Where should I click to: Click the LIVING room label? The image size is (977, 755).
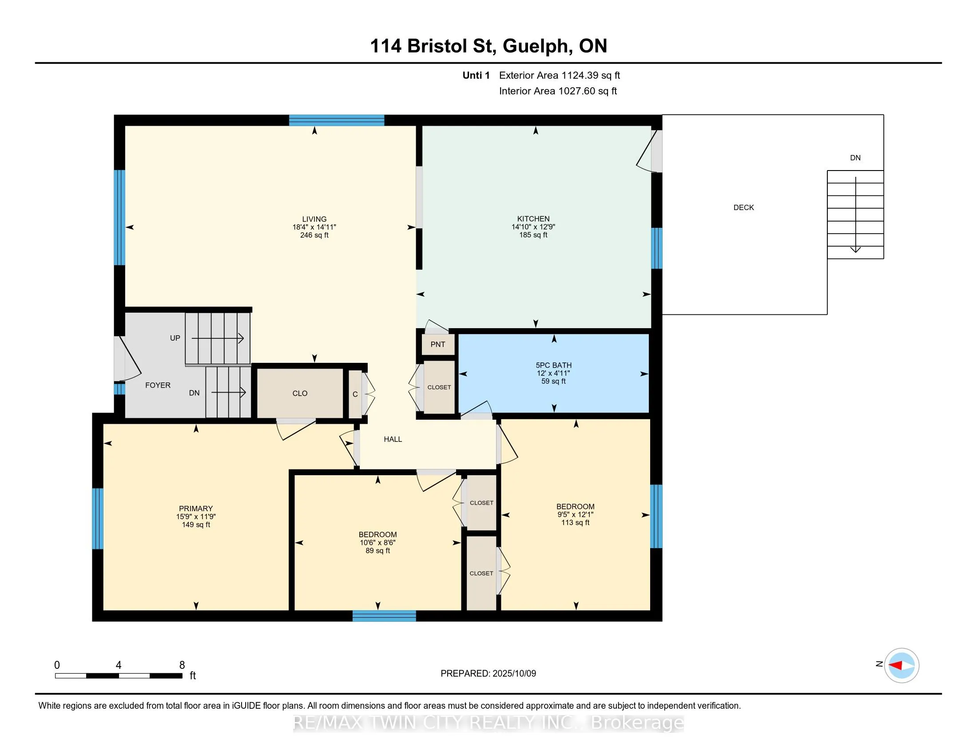click(314, 219)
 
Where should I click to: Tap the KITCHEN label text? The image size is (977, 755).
click(533, 219)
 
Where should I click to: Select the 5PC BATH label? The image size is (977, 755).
click(554, 365)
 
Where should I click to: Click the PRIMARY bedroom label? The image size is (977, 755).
click(196, 509)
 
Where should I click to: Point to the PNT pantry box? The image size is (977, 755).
click(438, 344)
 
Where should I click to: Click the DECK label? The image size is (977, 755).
click(743, 207)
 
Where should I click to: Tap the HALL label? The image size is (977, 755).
click(393, 439)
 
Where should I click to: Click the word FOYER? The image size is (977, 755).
click(158, 385)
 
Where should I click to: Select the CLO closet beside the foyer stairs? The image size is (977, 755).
click(300, 393)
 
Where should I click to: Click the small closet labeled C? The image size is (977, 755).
click(355, 394)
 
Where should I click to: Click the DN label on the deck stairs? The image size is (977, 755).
click(855, 158)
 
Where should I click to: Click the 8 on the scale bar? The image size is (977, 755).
click(182, 665)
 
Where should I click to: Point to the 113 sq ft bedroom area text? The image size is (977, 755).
click(575, 522)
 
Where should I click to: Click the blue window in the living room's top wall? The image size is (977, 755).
click(337, 120)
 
